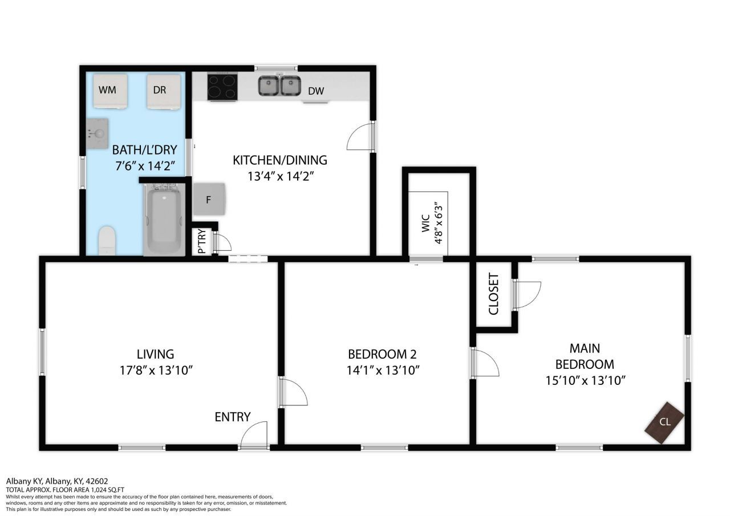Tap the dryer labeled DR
pos(163,92)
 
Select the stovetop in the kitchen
pos(222,86)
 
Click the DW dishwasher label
pos(316,91)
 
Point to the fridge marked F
pos(209,199)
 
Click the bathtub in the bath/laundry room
pos(164,221)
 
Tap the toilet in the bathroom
pos(107,241)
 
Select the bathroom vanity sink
pos(98,133)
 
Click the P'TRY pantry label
pos(202,241)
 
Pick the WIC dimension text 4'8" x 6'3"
pos(439,225)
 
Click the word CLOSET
pos(494,294)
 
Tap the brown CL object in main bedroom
pos(664,422)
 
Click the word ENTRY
pos(233,417)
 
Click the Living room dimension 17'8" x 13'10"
pos(156,371)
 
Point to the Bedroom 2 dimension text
pos(383,371)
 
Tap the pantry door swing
pos(222,241)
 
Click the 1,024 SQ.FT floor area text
pos(108,490)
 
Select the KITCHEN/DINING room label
pos(280,160)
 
